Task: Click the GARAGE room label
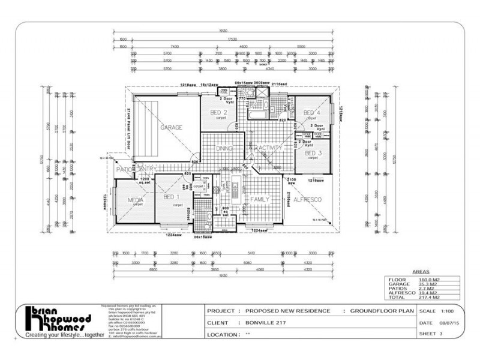coord(170,128)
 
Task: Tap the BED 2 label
coord(218,113)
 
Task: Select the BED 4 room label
coord(310,113)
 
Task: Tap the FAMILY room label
coord(260,199)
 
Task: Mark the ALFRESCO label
coord(308,199)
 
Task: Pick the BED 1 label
coord(172,197)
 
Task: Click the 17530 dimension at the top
coord(224,39)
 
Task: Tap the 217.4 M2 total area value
coord(427,297)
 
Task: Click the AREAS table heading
coord(420,272)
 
